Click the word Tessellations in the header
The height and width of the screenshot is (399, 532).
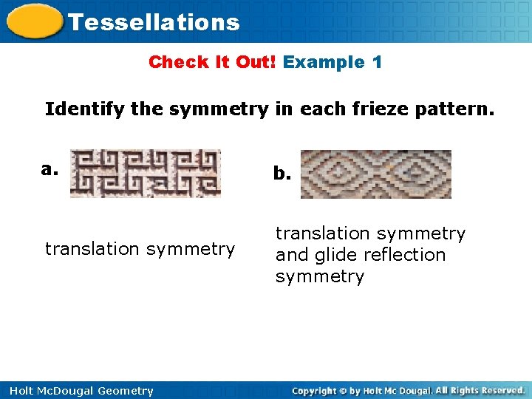coord(154,22)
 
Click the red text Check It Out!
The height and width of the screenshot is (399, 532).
coord(212,62)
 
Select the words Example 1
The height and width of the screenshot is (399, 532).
coord(332,62)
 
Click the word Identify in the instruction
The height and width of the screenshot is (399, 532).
coord(85,110)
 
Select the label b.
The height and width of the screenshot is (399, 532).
coord(282,174)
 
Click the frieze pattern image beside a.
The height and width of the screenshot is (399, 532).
coord(145,174)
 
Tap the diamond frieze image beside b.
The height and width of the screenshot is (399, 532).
coord(375,174)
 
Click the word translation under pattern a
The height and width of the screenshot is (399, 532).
coord(93,249)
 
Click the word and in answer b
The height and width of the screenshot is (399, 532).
coord(289,255)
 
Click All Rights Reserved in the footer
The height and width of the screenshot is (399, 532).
coord(480,390)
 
